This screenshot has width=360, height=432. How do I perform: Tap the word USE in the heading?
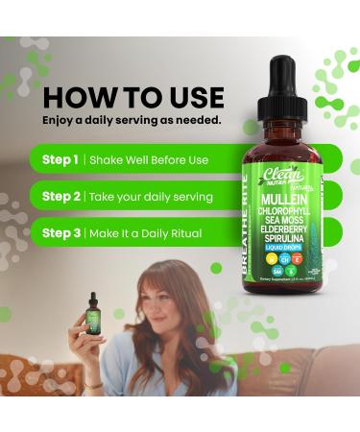pyautogui.click(x=191, y=98)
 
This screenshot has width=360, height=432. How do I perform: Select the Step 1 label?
pyautogui.click(x=60, y=159)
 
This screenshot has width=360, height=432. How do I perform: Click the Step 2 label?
pyautogui.click(x=60, y=196)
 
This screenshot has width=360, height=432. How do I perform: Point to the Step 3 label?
pyautogui.click(x=60, y=232)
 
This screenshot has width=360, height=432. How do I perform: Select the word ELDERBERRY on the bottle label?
pyautogui.click(x=285, y=231)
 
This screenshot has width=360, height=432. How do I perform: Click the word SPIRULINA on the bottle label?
pyautogui.click(x=285, y=243)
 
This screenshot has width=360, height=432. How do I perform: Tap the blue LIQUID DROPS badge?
pyautogui.click(x=285, y=254)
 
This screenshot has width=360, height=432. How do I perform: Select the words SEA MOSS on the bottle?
pyautogui.click(x=285, y=220)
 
